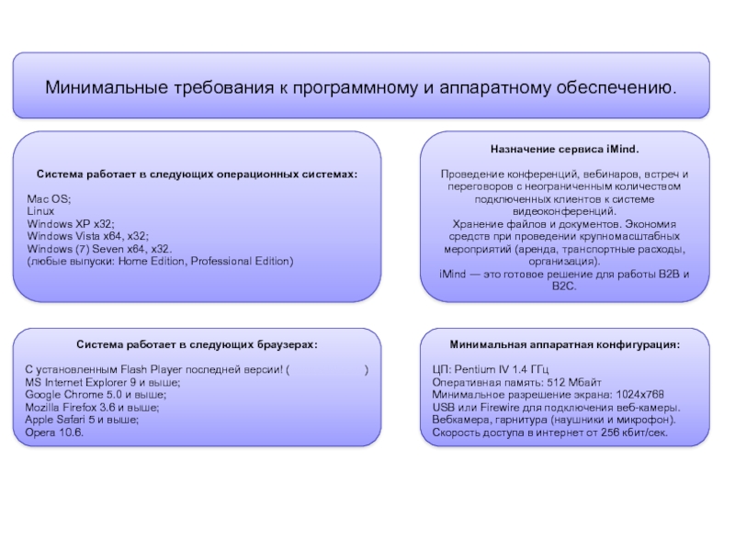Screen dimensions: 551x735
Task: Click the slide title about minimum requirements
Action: pos(360,88)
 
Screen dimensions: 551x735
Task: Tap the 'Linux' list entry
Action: pos(41,211)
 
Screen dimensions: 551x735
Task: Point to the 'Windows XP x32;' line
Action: pos(71,223)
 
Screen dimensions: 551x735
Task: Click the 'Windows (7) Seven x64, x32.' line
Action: pos(99,249)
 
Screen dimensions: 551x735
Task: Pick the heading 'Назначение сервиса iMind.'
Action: pos(564,149)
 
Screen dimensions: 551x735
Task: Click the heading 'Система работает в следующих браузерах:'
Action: pos(198,345)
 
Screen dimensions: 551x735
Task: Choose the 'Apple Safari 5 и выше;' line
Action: pos(82,419)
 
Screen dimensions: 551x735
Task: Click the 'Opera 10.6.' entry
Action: pos(54,432)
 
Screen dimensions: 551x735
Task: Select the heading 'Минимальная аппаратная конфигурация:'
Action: pos(564,345)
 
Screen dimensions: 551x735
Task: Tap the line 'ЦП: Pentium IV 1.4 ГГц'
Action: pos(491,369)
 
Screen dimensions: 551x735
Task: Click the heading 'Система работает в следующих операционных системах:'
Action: pos(197,174)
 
